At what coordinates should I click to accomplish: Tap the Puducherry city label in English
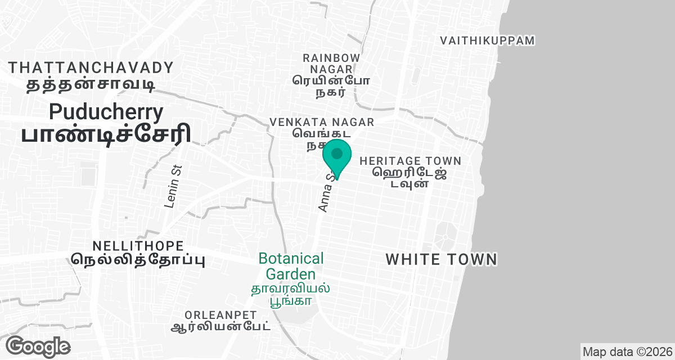click(x=106, y=111)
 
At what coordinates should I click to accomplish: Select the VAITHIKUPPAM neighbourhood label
click(x=487, y=40)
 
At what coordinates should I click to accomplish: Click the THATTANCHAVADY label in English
click(x=91, y=68)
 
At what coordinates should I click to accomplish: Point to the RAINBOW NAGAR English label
click(x=331, y=63)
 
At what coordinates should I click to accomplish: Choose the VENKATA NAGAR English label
click(x=322, y=122)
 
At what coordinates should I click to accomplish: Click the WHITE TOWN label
click(x=442, y=259)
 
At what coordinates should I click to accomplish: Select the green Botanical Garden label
click(x=291, y=266)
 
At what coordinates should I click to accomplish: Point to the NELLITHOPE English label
click(x=138, y=246)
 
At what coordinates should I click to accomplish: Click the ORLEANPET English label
click(x=221, y=314)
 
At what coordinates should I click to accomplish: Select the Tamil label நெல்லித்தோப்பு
click(x=138, y=260)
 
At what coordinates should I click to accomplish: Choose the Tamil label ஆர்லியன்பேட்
click(x=221, y=326)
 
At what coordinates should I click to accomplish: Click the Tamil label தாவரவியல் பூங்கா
click(x=291, y=295)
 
